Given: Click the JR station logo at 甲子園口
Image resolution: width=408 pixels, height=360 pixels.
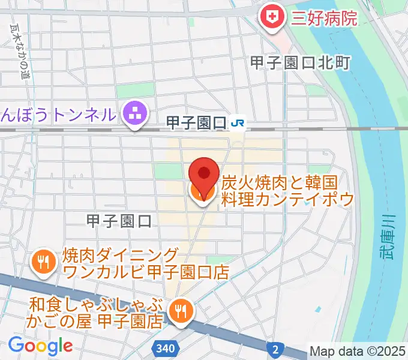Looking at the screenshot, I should [x=237, y=123].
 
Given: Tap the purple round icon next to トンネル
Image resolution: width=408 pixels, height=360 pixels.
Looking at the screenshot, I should [x=136, y=113].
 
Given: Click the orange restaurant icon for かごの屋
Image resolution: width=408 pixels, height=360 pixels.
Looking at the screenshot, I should [x=179, y=310].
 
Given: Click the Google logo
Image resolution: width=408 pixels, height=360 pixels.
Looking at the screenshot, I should [x=40, y=346].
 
